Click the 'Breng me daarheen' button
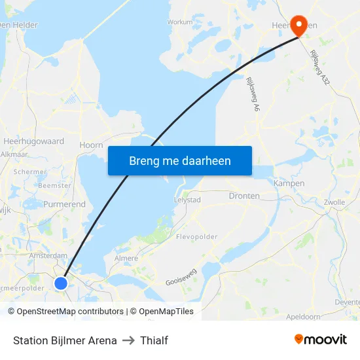tap(180, 160)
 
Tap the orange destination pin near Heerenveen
tap(299, 26)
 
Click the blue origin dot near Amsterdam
tap(61, 283)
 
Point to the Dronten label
tap(244, 196)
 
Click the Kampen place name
tap(289, 183)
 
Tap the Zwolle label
tap(334, 202)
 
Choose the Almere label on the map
tap(126, 258)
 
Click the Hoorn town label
tap(91, 145)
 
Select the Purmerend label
tap(64, 204)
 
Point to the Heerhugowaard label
tap(33, 141)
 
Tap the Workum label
tap(180, 22)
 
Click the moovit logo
tap(321, 340)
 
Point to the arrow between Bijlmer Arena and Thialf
tap(129, 340)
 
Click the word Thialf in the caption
tap(154, 340)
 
